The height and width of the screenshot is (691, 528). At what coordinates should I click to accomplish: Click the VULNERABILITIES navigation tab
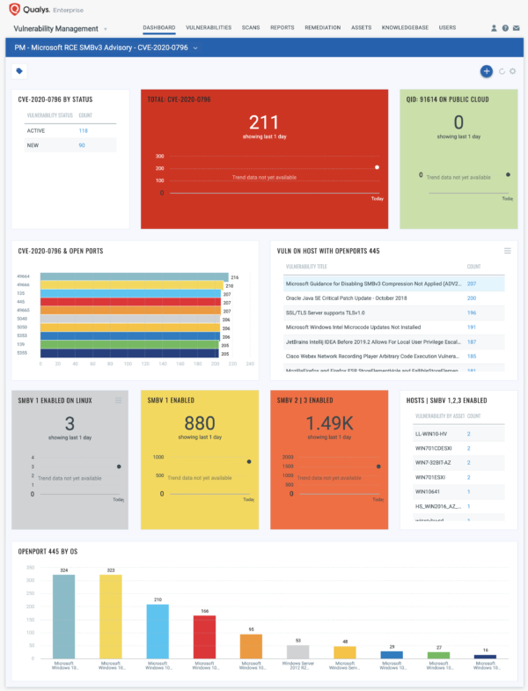(x=207, y=27)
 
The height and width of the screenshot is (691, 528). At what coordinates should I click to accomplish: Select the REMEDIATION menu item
(x=322, y=27)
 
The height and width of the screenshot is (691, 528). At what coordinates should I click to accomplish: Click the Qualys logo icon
(x=18, y=9)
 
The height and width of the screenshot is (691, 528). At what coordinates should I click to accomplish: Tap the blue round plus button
(x=486, y=71)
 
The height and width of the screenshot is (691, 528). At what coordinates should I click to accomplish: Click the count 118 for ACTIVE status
(x=83, y=130)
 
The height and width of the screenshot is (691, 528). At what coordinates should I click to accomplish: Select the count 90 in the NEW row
(x=82, y=145)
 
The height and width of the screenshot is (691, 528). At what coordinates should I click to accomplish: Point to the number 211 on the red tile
(x=264, y=122)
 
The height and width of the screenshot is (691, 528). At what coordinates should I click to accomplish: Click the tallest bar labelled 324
(x=64, y=615)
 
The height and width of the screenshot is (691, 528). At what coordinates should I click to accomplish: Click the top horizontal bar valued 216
(x=132, y=276)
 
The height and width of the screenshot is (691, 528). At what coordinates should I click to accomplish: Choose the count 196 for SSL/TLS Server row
(x=472, y=312)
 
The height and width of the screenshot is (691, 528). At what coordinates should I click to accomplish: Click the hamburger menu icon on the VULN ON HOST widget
(x=507, y=251)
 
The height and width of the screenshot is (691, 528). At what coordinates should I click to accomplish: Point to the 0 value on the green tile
(x=458, y=122)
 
